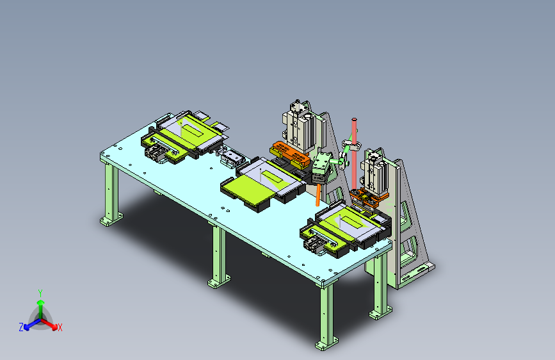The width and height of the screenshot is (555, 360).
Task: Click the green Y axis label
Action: pos(40,293)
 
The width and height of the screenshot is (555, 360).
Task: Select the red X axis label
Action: pos(60,327)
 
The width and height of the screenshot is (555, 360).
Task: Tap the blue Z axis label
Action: pos(21,327)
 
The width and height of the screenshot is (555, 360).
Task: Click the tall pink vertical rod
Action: pos(354,154)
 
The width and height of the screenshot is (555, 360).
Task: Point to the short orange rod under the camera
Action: pos(318,195)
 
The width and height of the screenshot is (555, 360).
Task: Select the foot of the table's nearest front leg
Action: pos(326,344)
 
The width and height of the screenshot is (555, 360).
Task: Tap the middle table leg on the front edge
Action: pos(219,256)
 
